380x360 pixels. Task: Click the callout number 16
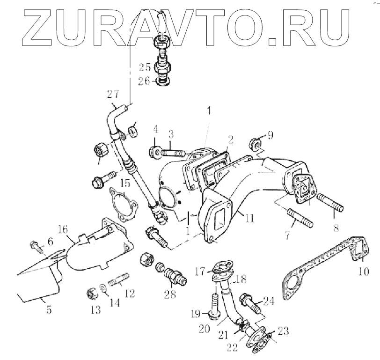pos(64,229)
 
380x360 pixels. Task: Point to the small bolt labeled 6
pos(37,245)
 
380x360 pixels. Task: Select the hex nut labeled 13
pos(92,294)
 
